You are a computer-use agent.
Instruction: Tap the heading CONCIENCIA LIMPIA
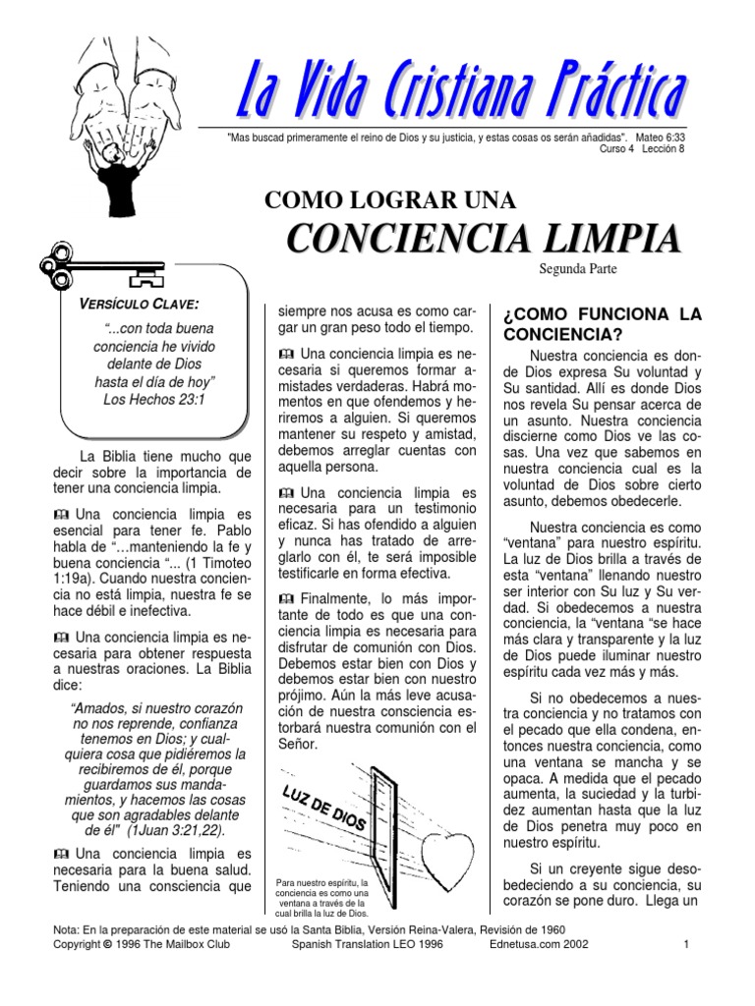(483, 239)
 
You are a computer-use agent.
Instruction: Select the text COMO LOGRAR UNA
(391, 200)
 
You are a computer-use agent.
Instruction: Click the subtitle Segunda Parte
(577, 267)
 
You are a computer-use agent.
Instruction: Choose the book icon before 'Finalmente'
(286, 598)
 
